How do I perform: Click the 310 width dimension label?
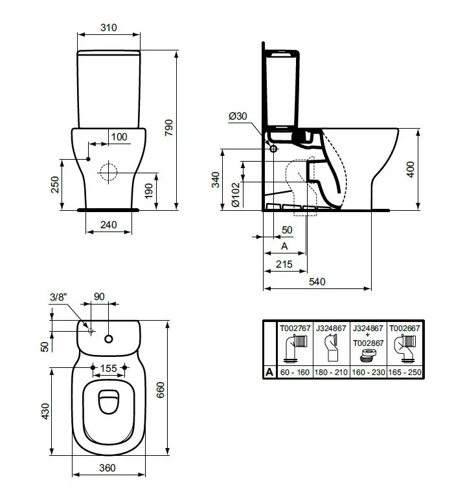pos(109,28)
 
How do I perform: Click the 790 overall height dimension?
pos(169,127)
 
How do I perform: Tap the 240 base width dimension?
pos(109,225)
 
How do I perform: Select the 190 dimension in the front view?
pos(148,191)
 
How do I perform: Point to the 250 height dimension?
pos(55,184)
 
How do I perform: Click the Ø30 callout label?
pos(238,116)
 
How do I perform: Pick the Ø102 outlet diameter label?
pos(236,195)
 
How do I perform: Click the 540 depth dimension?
pos(317,281)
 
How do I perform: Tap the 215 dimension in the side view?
pos(284,264)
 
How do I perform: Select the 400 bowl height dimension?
pos(411,169)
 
